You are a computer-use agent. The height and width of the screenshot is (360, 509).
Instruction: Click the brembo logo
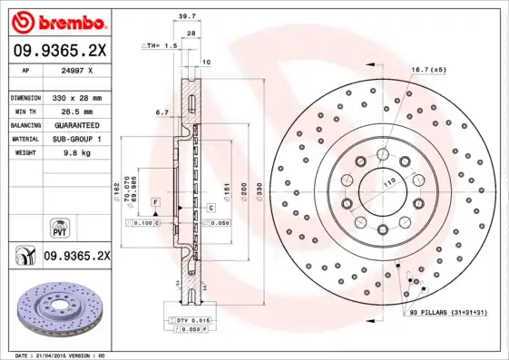click(x=56, y=21)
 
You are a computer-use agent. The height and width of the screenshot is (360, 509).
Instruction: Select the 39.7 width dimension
click(x=187, y=16)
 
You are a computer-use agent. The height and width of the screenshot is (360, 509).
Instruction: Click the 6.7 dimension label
click(x=162, y=112)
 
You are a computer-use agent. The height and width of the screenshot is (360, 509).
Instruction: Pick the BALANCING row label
click(x=25, y=125)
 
